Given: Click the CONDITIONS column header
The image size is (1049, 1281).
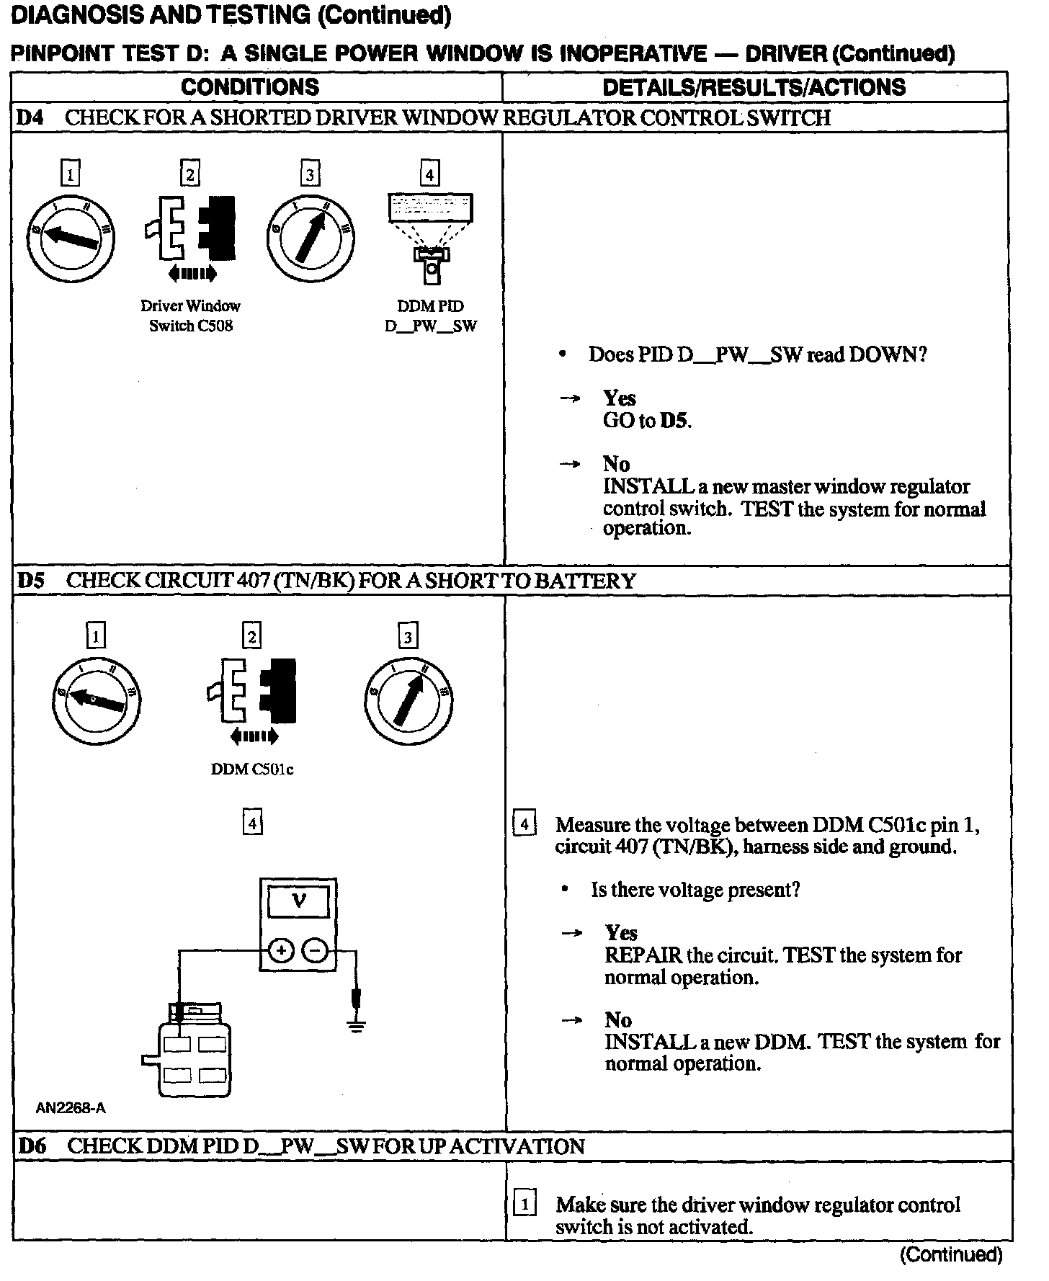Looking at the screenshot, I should [250, 87].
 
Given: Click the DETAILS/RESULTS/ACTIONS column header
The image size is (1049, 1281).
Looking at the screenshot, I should [754, 87].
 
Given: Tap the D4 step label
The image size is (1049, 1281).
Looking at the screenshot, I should [30, 118].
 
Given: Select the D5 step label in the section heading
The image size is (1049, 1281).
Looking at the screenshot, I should [31, 581].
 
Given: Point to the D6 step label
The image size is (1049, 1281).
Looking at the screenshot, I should [32, 1146].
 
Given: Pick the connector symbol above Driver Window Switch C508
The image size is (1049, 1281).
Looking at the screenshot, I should [190, 230].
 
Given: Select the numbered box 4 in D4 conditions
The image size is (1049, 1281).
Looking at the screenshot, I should [430, 174].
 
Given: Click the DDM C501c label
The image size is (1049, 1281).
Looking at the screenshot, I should [251, 769].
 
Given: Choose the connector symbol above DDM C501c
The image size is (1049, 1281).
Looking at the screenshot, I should [251, 692].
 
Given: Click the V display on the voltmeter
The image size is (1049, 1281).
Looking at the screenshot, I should [298, 901].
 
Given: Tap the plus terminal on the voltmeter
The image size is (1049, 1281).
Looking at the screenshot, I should [280, 952].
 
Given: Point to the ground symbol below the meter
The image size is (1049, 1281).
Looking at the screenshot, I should [355, 1024].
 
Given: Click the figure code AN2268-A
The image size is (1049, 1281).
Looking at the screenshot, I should [71, 1108].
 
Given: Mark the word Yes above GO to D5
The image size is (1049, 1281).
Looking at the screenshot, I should [619, 398].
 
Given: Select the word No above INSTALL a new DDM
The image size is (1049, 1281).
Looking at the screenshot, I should [617, 1019].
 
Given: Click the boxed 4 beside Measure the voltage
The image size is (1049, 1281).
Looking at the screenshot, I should [524, 824].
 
